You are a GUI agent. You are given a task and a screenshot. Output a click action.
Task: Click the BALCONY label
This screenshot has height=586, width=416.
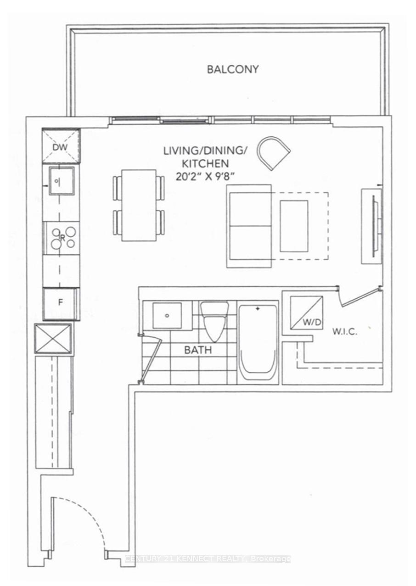click(232, 69)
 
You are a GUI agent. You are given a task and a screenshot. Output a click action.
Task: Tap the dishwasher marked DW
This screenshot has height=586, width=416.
click(61, 146)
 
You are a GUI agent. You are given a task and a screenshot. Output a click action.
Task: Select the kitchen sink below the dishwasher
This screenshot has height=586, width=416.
click(61, 180)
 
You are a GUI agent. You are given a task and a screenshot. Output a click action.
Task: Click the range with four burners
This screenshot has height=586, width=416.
click(62, 238)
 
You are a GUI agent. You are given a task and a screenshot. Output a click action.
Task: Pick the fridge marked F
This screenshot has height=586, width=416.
click(61, 303)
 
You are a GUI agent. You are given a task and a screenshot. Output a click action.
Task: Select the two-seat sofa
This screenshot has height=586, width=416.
click(249, 226)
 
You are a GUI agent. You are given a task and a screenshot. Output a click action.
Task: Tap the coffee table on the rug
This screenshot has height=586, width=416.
click(294, 226)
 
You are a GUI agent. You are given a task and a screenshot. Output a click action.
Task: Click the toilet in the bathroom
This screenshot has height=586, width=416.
click(214, 322)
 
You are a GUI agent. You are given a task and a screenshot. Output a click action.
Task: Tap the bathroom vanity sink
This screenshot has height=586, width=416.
click(167, 315)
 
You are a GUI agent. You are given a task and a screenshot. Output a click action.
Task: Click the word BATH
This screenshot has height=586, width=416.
click(198, 350)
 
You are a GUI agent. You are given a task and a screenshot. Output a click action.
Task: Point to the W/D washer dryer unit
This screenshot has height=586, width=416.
click(306, 313)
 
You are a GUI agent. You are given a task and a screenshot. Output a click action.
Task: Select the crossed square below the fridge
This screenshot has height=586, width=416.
click(53, 339)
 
